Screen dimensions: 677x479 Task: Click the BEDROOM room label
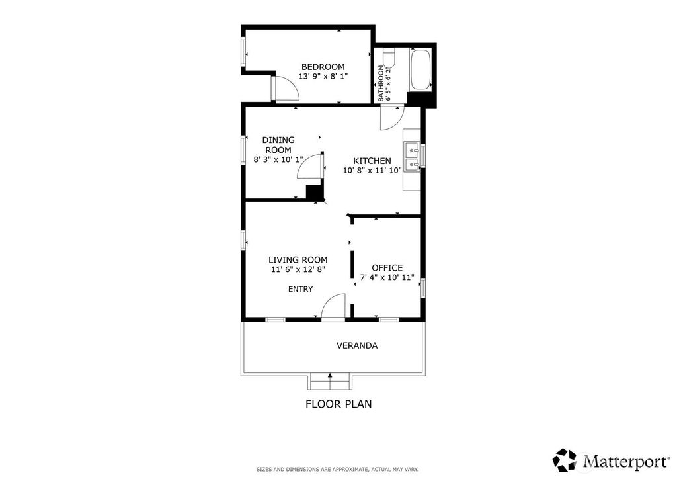323,67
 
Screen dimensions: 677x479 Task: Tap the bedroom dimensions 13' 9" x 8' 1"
323,77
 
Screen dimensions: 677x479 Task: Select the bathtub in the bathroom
420,70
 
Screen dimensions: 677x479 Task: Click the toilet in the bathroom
389,59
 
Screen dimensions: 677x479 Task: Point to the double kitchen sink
411,157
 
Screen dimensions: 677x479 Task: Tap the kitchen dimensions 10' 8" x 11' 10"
372,171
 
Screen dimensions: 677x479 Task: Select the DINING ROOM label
278,145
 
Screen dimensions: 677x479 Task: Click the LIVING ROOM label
298,260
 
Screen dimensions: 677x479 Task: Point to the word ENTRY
301,289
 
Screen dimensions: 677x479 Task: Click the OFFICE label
387,268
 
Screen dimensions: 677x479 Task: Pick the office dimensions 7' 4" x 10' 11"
387,277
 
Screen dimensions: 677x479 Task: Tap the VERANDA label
357,345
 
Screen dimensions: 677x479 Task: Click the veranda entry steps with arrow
331,381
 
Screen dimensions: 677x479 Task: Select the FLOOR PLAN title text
338,404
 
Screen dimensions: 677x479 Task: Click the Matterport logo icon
565,460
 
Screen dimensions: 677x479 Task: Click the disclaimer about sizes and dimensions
338,470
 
